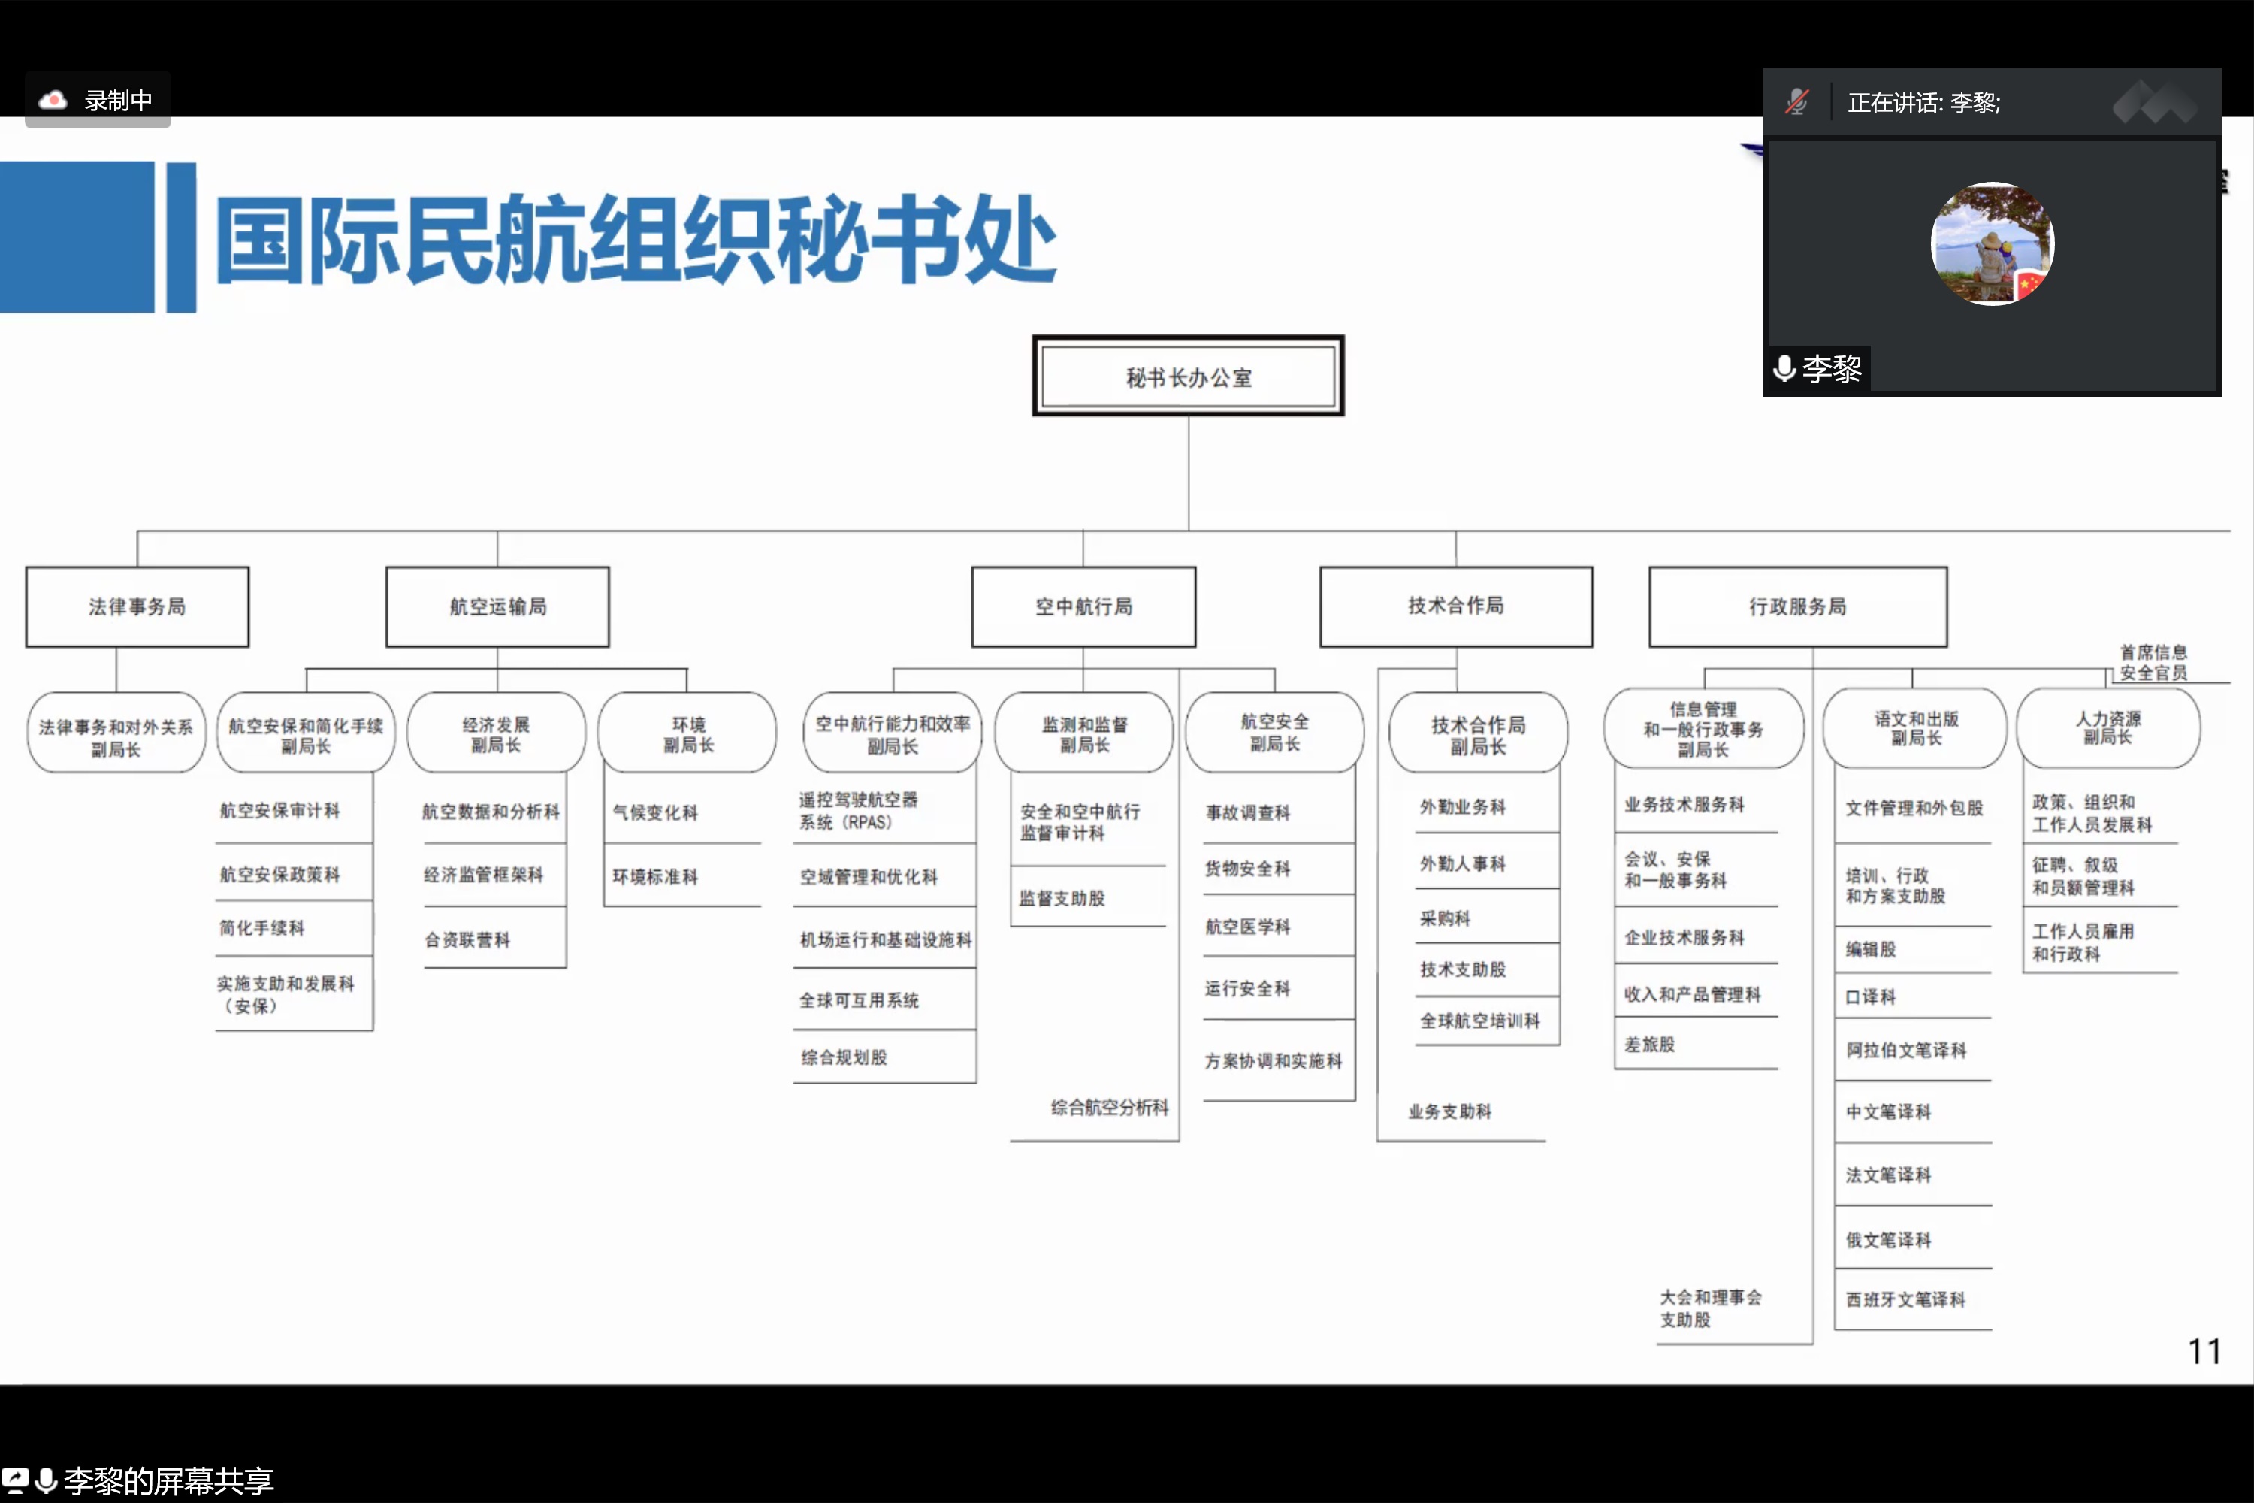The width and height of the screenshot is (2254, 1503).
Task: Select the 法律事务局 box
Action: (137, 606)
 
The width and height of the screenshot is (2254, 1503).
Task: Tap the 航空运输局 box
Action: (497, 606)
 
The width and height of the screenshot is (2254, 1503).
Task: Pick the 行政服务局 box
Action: (1797, 606)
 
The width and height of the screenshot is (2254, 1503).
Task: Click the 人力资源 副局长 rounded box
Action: (2107, 727)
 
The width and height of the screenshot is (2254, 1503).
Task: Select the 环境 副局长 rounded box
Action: (687, 733)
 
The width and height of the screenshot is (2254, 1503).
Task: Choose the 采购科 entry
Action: (1444, 918)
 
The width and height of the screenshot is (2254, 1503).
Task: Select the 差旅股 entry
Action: (1649, 1044)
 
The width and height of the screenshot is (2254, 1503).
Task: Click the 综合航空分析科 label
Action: (1109, 1108)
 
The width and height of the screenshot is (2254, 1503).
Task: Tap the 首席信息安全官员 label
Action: (2153, 662)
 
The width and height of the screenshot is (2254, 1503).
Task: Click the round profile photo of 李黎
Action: (1992, 243)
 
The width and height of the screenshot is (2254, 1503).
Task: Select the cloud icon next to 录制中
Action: (53, 100)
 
